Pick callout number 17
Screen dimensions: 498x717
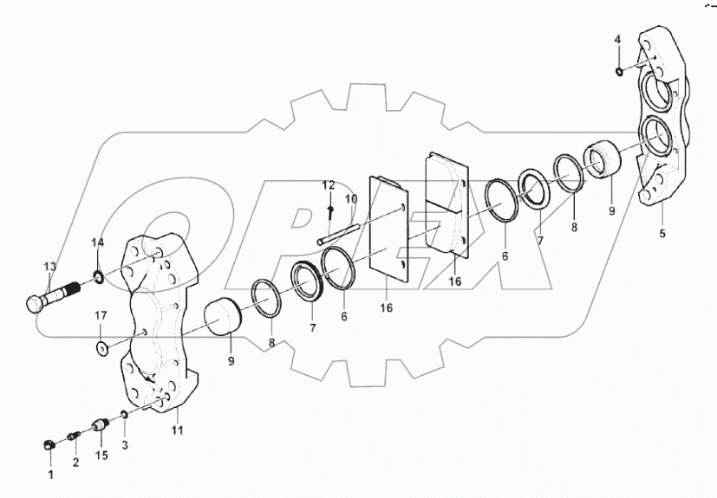point(101,314)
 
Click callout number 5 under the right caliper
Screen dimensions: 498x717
point(662,233)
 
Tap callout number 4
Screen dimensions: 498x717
point(618,40)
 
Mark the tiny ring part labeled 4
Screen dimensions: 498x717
point(618,71)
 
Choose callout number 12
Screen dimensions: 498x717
point(329,185)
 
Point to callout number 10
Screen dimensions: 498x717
point(351,199)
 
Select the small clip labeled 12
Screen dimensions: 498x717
point(330,210)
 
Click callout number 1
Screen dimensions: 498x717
point(50,474)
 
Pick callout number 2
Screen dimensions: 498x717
point(75,462)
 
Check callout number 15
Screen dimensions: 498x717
point(100,456)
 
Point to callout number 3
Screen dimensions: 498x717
point(124,445)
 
